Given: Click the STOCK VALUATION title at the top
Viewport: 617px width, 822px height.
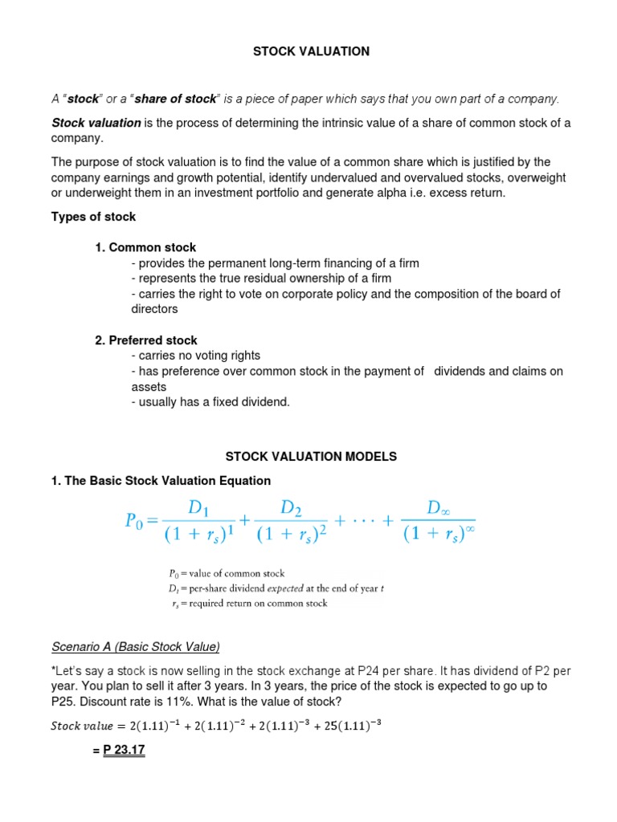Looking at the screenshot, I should (x=311, y=51).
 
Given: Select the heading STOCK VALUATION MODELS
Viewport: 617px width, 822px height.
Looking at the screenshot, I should (x=311, y=456).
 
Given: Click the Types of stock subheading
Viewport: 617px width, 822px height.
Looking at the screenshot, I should (x=94, y=217).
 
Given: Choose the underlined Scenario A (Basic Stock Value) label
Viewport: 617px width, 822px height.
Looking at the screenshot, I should (x=136, y=647).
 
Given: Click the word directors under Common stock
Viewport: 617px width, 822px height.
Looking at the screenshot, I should (x=154, y=309).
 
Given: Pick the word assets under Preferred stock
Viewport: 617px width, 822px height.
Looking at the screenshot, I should (x=149, y=386).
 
